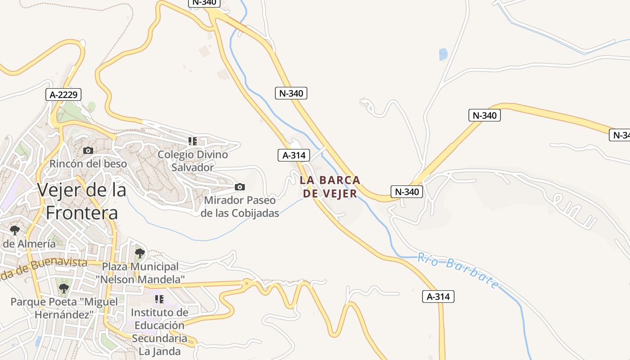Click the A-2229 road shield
coord(63,95)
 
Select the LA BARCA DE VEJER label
coord(330,187)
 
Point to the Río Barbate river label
coord(458,270)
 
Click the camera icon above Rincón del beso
coord(88,150)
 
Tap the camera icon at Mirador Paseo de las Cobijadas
coord(240,187)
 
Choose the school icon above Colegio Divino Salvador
coord(193,141)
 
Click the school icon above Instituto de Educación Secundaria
coord(159,299)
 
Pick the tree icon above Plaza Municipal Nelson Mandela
coord(140,253)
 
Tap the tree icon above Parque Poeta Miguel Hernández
coord(63,288)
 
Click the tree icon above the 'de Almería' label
coord(15,230)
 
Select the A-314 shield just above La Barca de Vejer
coord(294,156)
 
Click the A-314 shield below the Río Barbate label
coord(438,297)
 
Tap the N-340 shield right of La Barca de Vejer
coord(407,192)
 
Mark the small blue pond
coord(443,54)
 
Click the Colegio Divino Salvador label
coord(193,161)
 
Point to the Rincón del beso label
coord(88,164)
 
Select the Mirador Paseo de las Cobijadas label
coord(240,207)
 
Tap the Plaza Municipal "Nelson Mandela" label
coord(140,273)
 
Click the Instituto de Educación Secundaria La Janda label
coord(159,332)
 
